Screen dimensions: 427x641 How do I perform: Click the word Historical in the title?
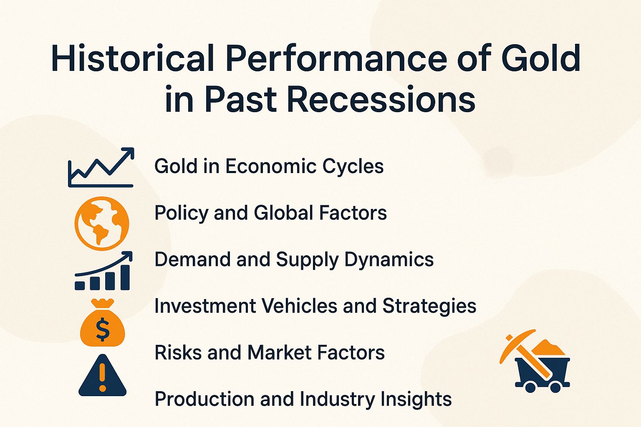[x=133, y=58]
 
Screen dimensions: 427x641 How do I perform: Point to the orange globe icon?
[x=102, y=224]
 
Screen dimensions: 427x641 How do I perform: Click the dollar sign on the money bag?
[x=103, y=329]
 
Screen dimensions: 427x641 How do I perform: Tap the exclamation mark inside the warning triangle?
[x=103, y=378]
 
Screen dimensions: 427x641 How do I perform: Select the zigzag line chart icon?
[x=101, y=168]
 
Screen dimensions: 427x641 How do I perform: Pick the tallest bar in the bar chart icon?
[x=125, y=277]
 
